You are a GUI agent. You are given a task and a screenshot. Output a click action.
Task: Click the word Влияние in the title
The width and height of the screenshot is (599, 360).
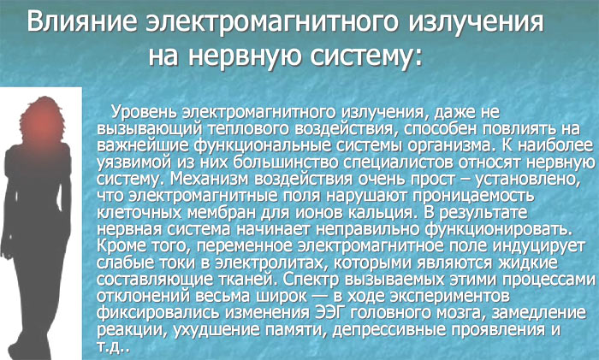(x=82, y=21)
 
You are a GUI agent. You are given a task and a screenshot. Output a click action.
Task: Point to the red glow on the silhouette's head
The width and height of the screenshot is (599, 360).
(x=42, y=123)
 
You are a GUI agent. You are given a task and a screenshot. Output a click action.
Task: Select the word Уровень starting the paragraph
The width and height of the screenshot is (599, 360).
(x=144, y=112)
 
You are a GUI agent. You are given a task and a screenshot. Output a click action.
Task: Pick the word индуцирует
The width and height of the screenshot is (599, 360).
(x=538, y=246)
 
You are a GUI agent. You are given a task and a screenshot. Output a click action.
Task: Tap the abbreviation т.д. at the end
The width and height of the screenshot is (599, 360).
(x=114, y=345)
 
